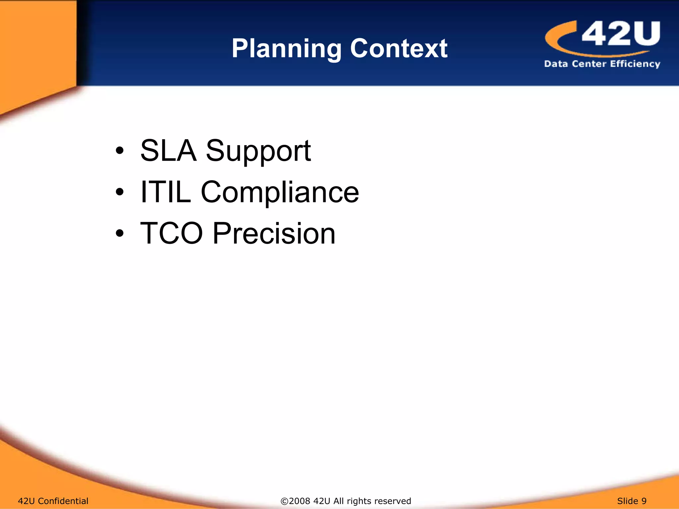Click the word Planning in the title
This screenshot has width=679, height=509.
[286, 49]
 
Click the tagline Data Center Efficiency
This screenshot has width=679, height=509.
[602, 64]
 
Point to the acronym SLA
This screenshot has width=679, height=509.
[168, 151]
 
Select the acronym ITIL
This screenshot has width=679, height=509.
[166, 192]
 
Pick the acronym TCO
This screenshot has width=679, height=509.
[171, 233]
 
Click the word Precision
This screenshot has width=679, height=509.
[274, 233]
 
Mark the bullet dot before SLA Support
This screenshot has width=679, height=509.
[120, 151]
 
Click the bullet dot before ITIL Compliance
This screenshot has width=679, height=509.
[120, 192]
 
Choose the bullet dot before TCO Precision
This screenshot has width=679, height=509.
[120, 234]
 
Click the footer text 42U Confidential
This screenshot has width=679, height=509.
[53, 501]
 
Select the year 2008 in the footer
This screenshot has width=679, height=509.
[300, 501]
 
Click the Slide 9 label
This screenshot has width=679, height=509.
[632, 501]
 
